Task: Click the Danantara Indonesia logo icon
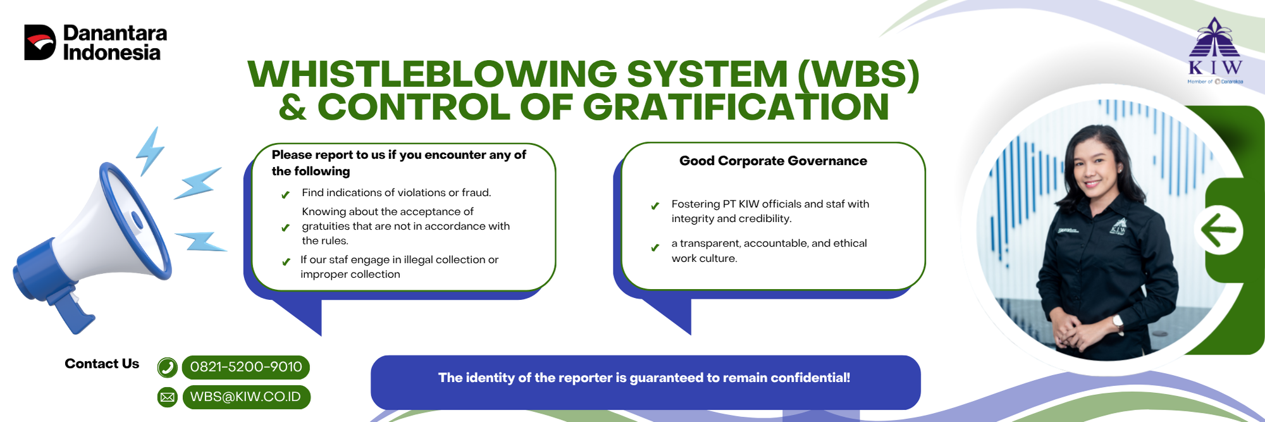point(40,42)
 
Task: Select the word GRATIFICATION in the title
point(736,107)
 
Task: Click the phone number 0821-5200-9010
point(246,367)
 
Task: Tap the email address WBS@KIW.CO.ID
point(245,397)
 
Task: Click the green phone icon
point(167,367)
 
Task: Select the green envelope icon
point(167,397)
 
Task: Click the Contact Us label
point(102,364)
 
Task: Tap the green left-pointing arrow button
point(1218,230)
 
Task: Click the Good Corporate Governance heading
point(773,161)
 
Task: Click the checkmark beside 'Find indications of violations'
point(285,195)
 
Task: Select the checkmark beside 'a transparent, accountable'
point(655,247)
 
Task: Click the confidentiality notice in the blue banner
point(644,378)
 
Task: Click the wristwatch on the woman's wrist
point(1118,322)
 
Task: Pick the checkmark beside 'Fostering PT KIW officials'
point(655,206)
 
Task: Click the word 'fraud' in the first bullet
point(476,192)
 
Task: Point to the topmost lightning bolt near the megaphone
point(151,151)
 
